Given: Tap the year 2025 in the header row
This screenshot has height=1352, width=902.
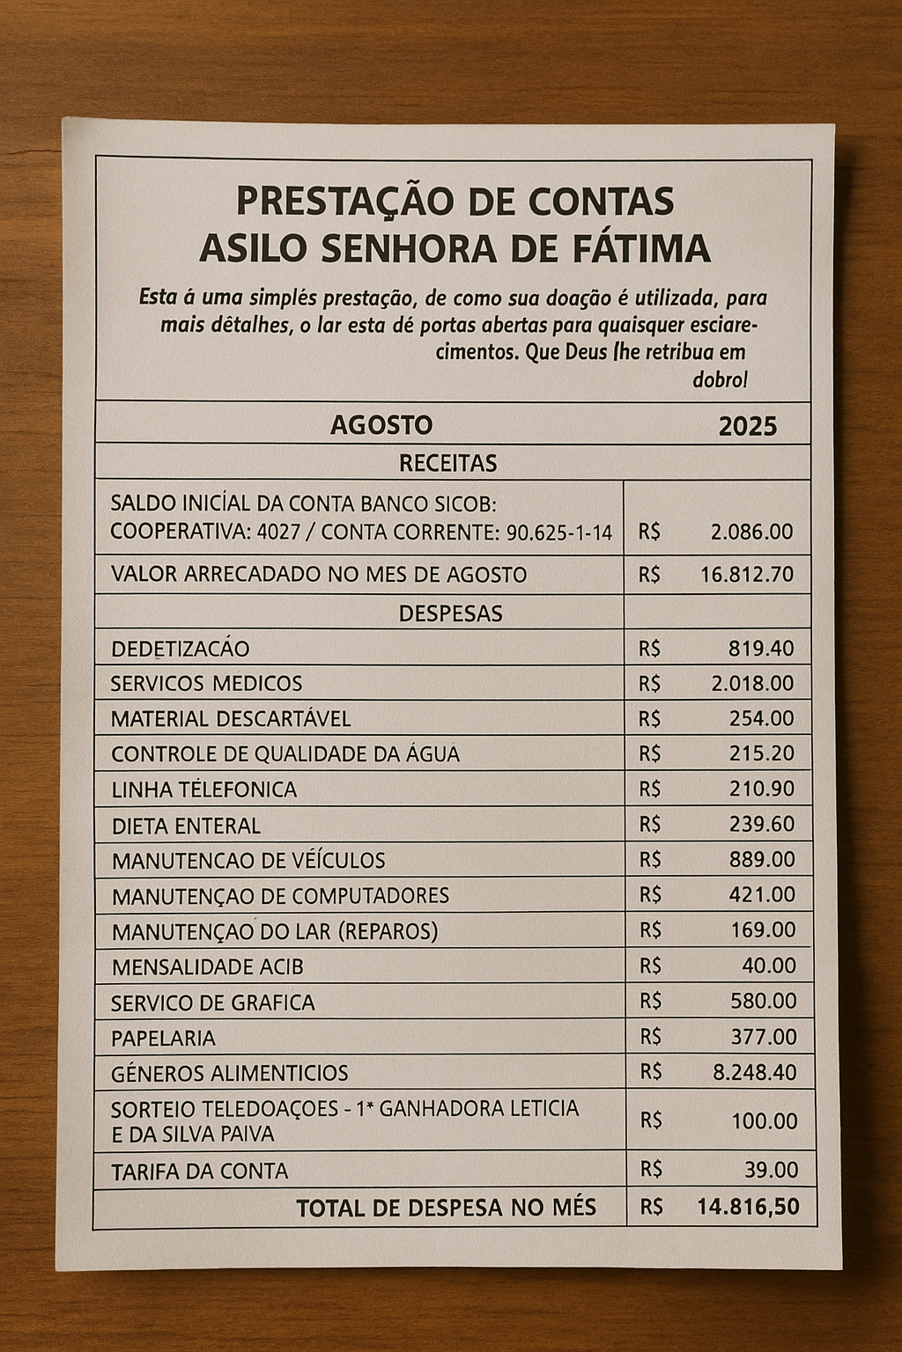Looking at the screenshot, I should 747,427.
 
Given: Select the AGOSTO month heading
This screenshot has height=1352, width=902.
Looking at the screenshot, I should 381,426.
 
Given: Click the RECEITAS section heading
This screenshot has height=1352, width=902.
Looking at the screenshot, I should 447,463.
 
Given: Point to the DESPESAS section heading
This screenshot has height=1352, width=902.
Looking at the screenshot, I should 450,614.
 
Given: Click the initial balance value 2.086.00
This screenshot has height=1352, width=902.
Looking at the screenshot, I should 750,532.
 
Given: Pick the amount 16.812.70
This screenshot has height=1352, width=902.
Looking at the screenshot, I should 746,575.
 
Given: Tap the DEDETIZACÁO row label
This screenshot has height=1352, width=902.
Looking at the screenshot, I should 180,650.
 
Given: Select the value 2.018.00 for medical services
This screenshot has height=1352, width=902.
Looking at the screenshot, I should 751,684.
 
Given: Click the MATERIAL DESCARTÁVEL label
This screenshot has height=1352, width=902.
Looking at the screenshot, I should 230,719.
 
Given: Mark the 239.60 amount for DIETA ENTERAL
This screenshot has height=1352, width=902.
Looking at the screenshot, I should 761,825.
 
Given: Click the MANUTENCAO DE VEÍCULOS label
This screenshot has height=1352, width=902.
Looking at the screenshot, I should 248,861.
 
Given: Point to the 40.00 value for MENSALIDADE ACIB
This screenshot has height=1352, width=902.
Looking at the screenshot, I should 768,966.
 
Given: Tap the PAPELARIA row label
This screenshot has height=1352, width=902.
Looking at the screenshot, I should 163,1039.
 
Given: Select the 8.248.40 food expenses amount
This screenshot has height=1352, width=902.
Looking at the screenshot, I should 754,1073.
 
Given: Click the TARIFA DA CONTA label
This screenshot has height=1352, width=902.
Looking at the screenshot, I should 200,1172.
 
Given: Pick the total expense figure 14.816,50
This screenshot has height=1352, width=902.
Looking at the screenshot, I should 748,1207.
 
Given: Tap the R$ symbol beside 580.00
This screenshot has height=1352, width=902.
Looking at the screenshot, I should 650,1001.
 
